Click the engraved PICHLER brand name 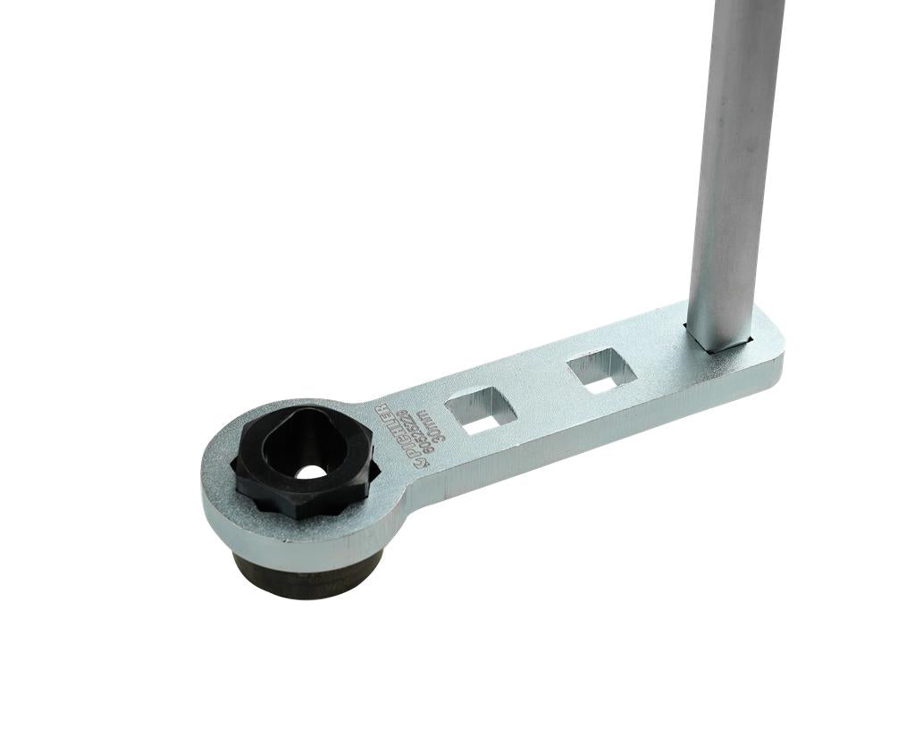[x=399, y=432]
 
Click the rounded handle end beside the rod [x=768, y=344]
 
